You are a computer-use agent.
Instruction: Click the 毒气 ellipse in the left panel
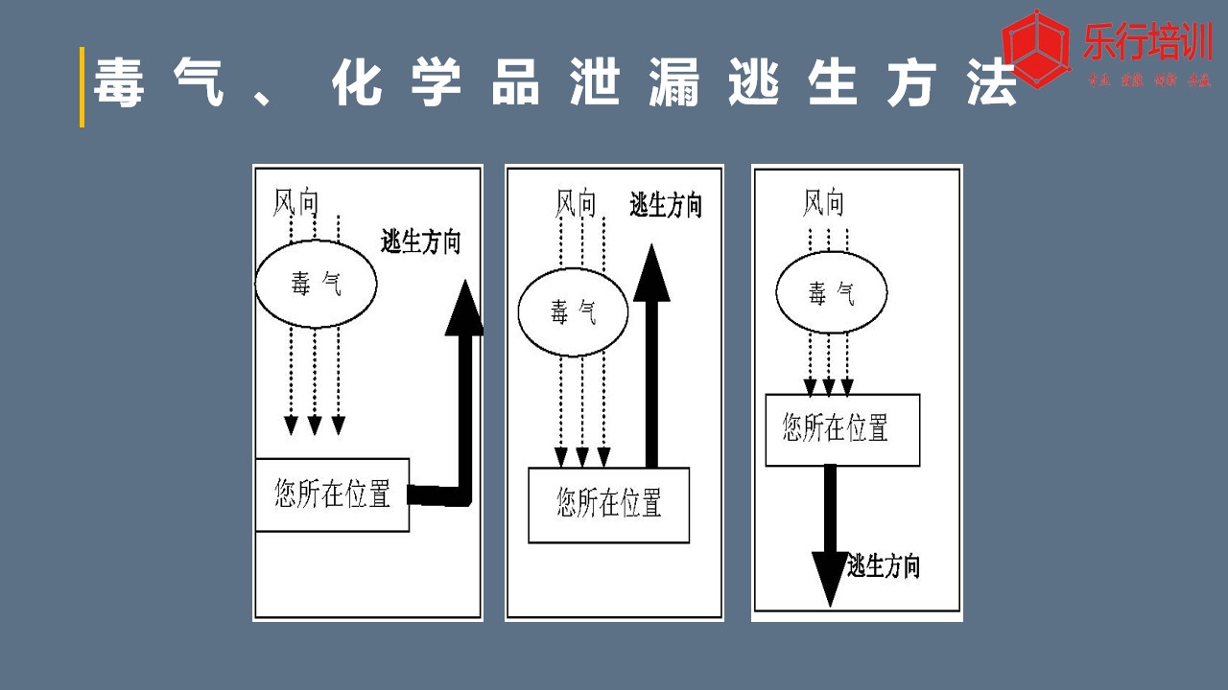click(x=316, y=284)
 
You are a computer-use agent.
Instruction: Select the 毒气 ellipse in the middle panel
click(x=573, y=312)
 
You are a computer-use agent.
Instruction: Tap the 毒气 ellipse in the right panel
click(x=831, y=293)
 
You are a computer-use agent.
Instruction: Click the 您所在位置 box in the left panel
click(x=332, y=494)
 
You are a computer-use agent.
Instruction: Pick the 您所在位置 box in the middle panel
click(x=608, y=504)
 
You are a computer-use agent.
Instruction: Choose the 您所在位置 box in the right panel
click(x=842, y=429)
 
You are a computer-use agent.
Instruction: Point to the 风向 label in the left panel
click(x=295, y=202)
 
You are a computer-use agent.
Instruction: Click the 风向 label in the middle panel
click(x=577, y=203)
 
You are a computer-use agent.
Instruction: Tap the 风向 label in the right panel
click(x=823, y=203)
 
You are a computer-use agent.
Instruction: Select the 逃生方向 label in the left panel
click(x=420, y=242)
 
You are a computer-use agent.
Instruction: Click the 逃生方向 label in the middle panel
click(x=666, y=205)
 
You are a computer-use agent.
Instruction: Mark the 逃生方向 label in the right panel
click(x=883, y=566)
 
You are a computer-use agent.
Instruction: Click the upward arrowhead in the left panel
click(x=465, y=309)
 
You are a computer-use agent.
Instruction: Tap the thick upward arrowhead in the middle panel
click(x=652, y=273)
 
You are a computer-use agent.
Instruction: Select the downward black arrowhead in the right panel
click(x=830, y=577)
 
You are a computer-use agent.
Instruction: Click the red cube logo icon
click(x=1036, y=48)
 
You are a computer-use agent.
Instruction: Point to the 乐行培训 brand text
click(x=1146, y=43)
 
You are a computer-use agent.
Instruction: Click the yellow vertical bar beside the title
click(x=82, y=87)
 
